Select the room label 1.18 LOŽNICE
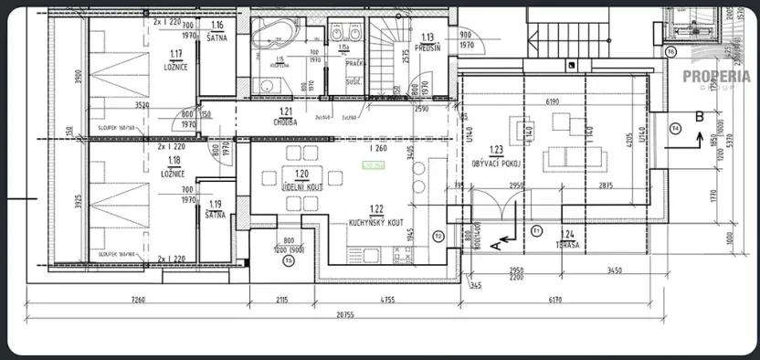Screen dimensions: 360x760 (171, 168)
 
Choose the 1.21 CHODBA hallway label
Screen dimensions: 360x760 (283, 117)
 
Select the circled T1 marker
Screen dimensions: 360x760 (536, 228)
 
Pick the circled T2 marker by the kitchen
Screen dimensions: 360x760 (438, 236)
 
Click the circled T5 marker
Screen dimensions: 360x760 (289, 261)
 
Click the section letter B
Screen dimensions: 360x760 (699, 116)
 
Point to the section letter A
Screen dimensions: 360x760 (493, 245)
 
